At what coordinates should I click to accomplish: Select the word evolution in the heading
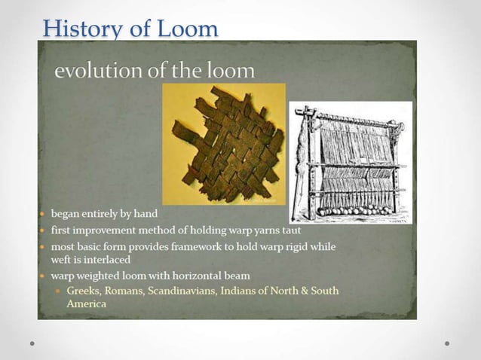(x=93, y=71)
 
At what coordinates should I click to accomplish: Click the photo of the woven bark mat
(x=225, y=143)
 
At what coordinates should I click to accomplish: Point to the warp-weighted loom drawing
(x=351, y=162)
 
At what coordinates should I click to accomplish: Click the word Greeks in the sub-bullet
(x=84, y=291)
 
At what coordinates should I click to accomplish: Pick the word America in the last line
(x=86, y=304)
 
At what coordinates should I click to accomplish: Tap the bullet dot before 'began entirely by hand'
(x=43, y=215)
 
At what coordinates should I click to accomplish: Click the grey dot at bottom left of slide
(x=32, y=343)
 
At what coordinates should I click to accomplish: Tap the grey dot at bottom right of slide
(x=447, y=343)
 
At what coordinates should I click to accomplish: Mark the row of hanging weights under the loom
(x=354, y=211)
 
